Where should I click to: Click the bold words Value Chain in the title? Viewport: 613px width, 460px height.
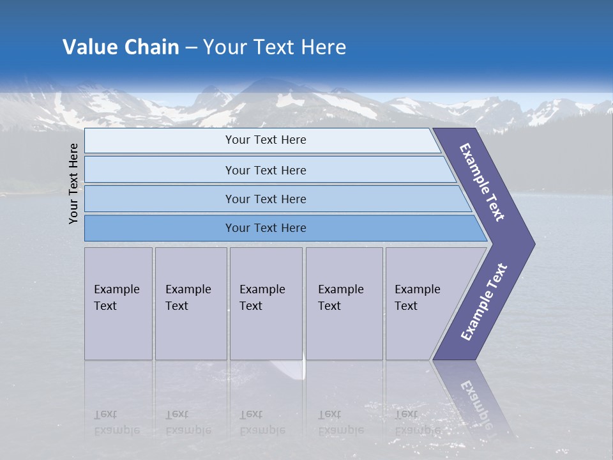(x=121, y=47)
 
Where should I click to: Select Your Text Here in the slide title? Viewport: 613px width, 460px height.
(x=275, y=47)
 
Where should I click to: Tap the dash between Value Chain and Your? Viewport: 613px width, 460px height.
(x=191, y=48)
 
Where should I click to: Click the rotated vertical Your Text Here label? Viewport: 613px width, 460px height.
(x=73, y=183)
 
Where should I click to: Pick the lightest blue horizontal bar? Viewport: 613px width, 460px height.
(x=262, y=140)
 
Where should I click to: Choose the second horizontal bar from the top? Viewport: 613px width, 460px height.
(x=266, y=170)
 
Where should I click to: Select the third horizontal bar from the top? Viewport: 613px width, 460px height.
(x=268, y=199)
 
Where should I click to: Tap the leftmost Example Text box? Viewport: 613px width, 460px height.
(x=118, y=303)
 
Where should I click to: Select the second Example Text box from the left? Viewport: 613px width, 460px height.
(x=191, y=303)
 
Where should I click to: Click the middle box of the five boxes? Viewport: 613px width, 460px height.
(x=266, y=303)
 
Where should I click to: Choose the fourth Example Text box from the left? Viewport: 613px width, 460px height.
(x=344, y=303)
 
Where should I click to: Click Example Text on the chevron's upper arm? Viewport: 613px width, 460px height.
(x=482, y=182)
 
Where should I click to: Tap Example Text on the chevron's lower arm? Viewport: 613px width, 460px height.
(x=484, y=302)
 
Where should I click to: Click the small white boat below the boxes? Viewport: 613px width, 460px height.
(x=287, y=369)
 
